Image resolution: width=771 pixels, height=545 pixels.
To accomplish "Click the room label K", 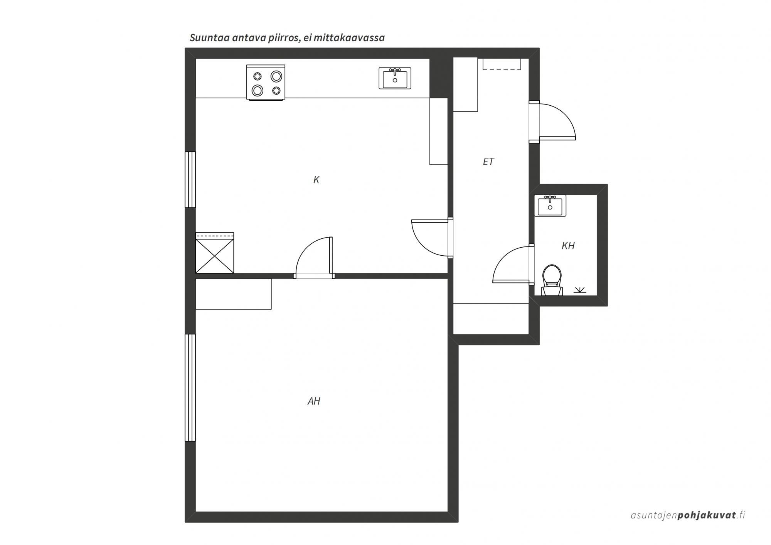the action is click(x=316, y=180).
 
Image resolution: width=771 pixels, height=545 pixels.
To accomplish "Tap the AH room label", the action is click(x=314, y=401).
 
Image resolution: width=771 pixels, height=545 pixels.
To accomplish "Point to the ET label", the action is click(x=488, y=162).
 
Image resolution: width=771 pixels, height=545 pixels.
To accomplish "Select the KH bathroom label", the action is click(x=568, y=246).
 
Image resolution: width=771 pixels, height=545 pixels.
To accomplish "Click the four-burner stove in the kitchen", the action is click(x=266, y=83).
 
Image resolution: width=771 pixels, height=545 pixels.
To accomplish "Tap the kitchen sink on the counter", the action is click(x=395, y=78).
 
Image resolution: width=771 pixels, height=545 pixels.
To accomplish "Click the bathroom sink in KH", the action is click(x=550, y=205).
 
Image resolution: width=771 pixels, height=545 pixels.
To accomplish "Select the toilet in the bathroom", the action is click(x=552, y=280).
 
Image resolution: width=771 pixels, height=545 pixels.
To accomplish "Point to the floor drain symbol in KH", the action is click(x=580, y=290).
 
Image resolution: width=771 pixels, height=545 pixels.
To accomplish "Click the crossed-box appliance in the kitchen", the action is click(x=215, y=253).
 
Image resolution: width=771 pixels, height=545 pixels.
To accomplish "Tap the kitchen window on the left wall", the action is click(x=190, y=179).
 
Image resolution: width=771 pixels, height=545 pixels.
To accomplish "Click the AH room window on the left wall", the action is click(x=190, y=387).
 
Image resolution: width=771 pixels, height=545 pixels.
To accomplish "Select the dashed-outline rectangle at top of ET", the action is click(x=502, y=64).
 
